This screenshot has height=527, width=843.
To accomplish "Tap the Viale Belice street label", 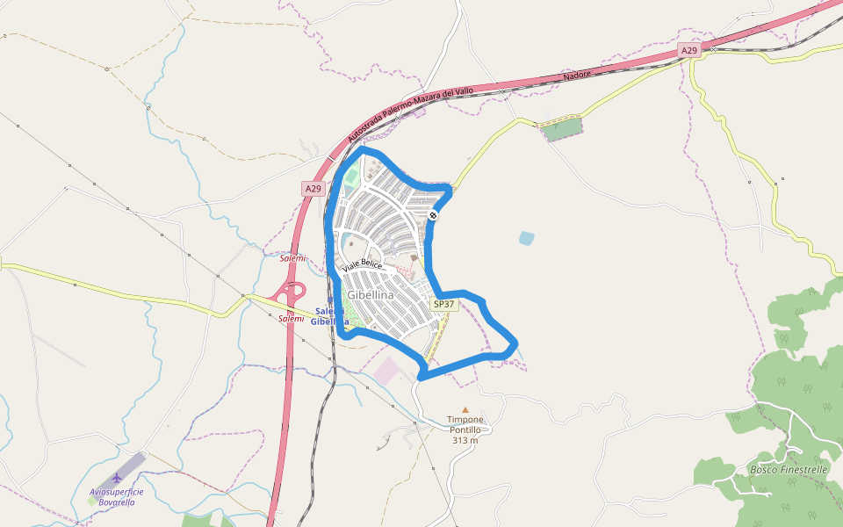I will point(363,264).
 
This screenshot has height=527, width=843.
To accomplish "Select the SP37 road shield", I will point(444,304).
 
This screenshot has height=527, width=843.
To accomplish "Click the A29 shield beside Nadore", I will point(689,51).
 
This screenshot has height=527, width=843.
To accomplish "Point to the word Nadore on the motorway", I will point(577,76).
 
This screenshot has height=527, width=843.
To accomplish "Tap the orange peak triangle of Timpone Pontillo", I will point(465,409).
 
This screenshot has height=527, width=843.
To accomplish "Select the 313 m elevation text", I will point(465,440).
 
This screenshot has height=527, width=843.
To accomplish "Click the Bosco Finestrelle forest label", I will point(789,470).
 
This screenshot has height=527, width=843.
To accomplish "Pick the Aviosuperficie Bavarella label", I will point(116,497).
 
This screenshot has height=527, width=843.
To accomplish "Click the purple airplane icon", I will point(116,477).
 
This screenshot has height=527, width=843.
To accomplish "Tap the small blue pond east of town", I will point(526,237).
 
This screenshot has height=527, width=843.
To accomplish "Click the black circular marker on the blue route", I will point(434,215).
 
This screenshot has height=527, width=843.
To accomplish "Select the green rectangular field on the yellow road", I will point(561,130).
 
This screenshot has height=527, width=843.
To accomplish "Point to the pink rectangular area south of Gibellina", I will point(387,371).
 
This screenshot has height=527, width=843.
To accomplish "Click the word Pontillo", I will point(465,430).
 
